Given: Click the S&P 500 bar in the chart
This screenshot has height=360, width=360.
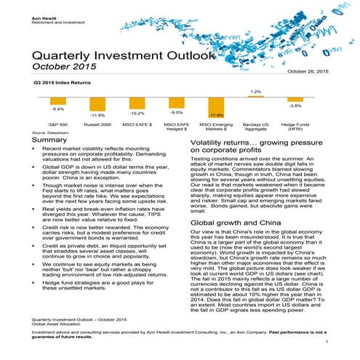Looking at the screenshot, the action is click(x=57, y=100).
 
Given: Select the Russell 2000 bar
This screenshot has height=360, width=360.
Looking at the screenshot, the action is click(x=97, y=103).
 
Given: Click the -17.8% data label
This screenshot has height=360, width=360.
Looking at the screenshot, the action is click(x=216, y=115).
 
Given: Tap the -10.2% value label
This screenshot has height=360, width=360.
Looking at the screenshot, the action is click(x=137, y=113).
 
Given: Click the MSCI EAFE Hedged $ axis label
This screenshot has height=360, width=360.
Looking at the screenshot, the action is click(x=176, y=127).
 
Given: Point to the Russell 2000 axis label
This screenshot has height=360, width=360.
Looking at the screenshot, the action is click(x=97, y=124).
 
